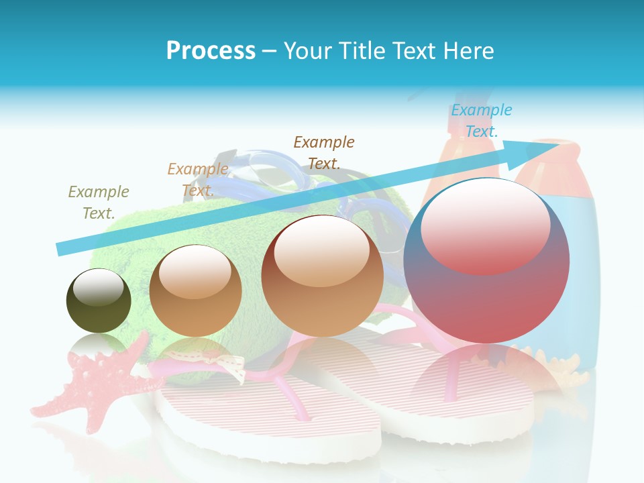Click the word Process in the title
(211, 50)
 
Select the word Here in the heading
(469, 50)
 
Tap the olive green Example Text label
(99, 202)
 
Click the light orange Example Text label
(198, 180)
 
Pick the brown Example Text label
(323, 152)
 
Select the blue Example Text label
(481, 121)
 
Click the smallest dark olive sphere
(99, 301)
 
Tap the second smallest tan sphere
(195, 290)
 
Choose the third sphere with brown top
(322, 276)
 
